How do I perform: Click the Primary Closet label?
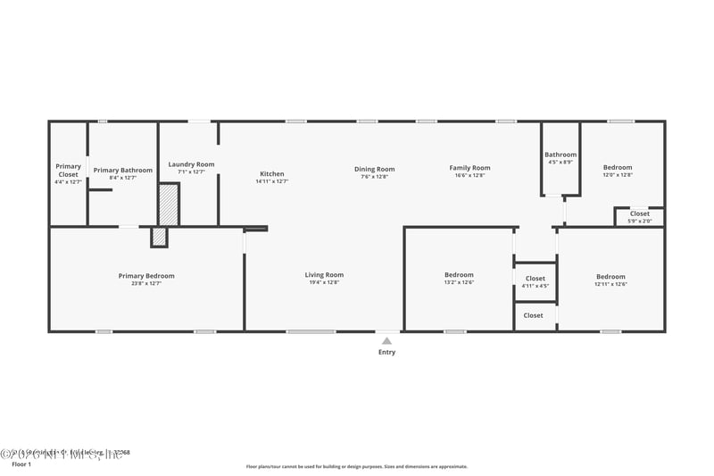point(68,170)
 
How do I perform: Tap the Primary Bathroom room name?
point(122,170)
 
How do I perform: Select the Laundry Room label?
point(192,164)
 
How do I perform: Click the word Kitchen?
point(272,173)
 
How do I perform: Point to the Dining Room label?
point(374,169)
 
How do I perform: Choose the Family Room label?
point(469,168)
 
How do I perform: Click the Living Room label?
point(324,275)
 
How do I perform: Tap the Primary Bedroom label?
point(146,276)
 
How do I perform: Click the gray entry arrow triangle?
point(386,339)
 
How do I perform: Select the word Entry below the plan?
point(386,352)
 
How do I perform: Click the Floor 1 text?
point(21,464)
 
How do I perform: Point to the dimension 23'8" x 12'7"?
point(146,283)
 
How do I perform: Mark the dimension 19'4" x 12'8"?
point(324,282)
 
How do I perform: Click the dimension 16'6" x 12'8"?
point(469,176)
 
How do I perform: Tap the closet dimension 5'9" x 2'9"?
point(640,221)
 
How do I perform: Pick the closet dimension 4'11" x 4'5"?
point(535,287)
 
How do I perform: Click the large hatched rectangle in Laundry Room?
point(169,205)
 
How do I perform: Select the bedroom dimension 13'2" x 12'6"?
point(459,282)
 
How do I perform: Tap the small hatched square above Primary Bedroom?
point(159,237)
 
